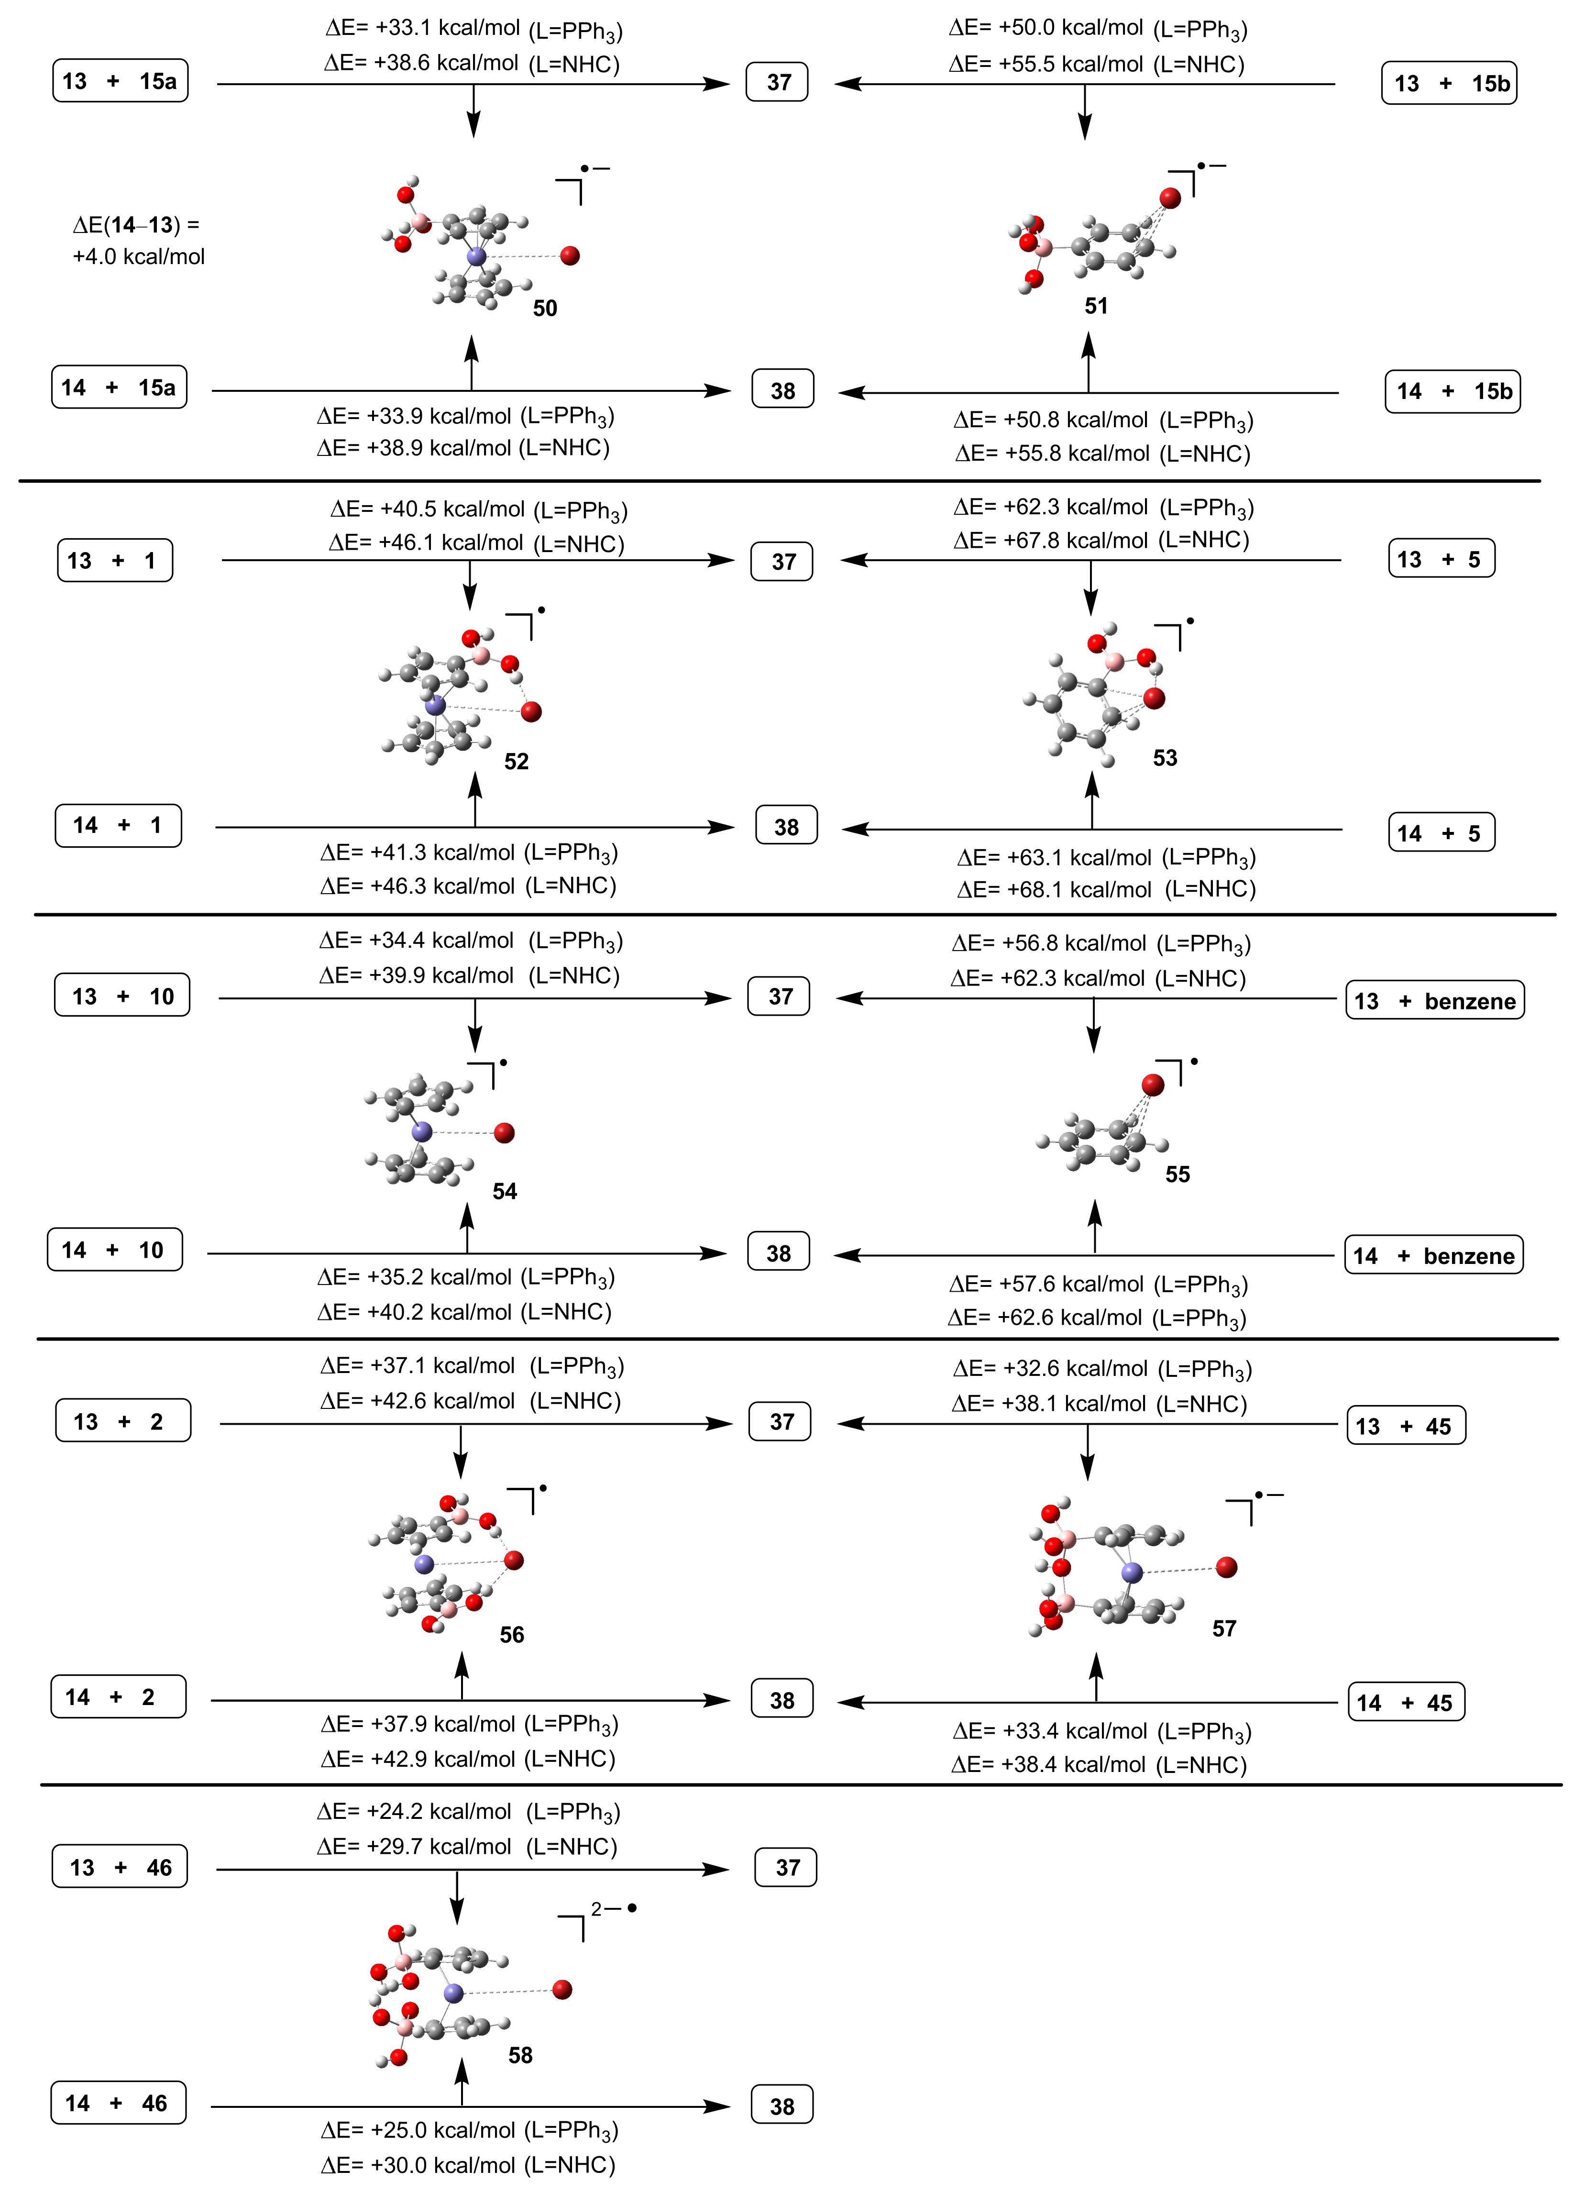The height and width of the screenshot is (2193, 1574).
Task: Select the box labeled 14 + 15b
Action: click(x=1452, y=392)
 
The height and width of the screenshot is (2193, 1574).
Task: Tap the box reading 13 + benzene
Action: click(x=1435, y=1001)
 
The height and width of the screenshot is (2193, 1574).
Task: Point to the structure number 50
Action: click(x=545, y=309)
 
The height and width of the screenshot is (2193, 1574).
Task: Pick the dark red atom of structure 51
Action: click(x=1170, y=198)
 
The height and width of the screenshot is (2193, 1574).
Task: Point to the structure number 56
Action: click(x=511, y=1635)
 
